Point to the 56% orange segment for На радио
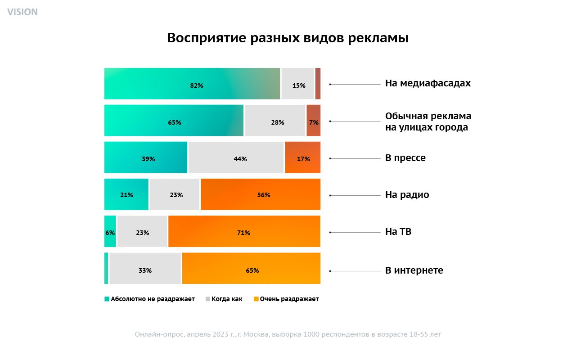pyautogui.click(x=261, y=194)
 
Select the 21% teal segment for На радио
pyautogui.click(x=126, y=194)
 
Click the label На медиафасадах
pyautogui.click(x=427, y=83)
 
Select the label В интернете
pyautogui.click(x=414, y=270)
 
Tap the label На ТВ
pyautogui.click(x=398, y=232)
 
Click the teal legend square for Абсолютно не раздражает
pyautogui.click(x=107, y=299)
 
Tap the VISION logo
pyautogui.click(x=22, y=12)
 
